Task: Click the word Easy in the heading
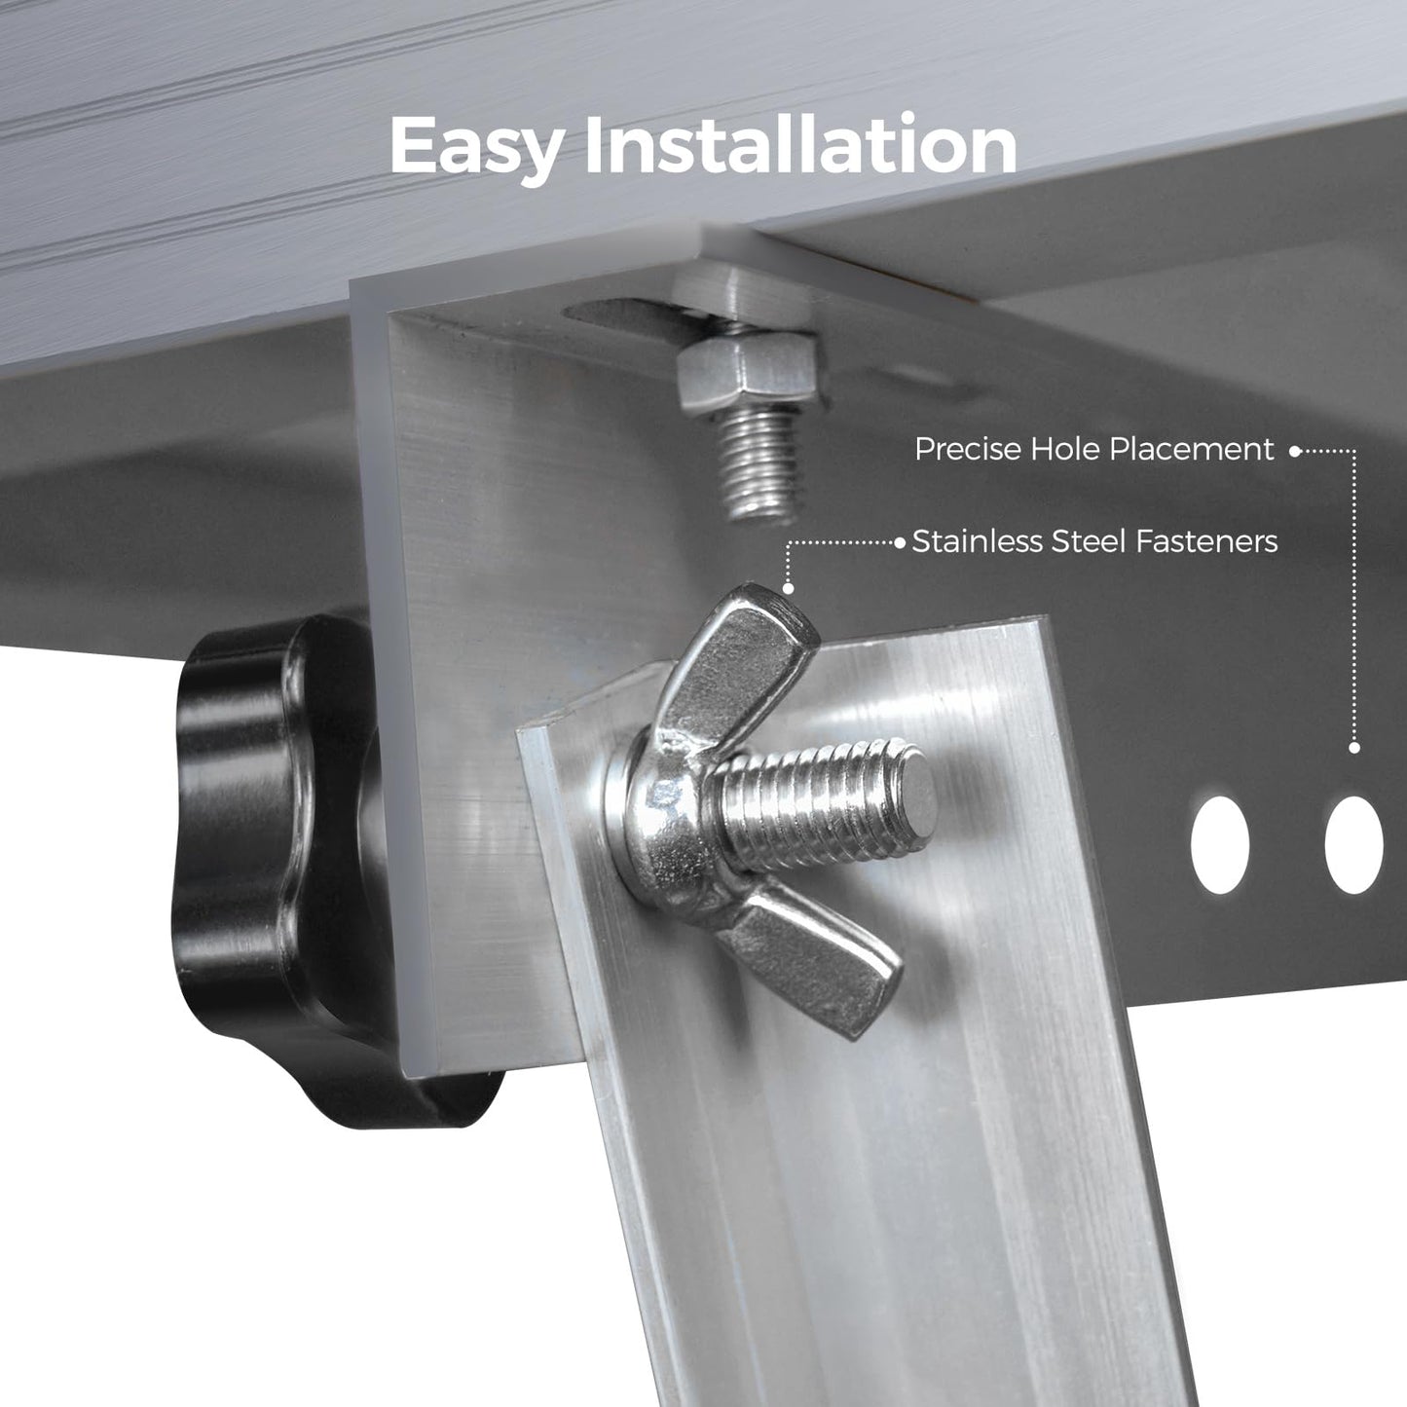pyautogui.click(x=477, y=146)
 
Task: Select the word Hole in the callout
pyautogui.click(x=1064, y=450)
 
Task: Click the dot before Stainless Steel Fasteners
pyautogui.click(x=900, y=541)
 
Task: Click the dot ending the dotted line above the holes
pyautogui.click(x=1353, y=748)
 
